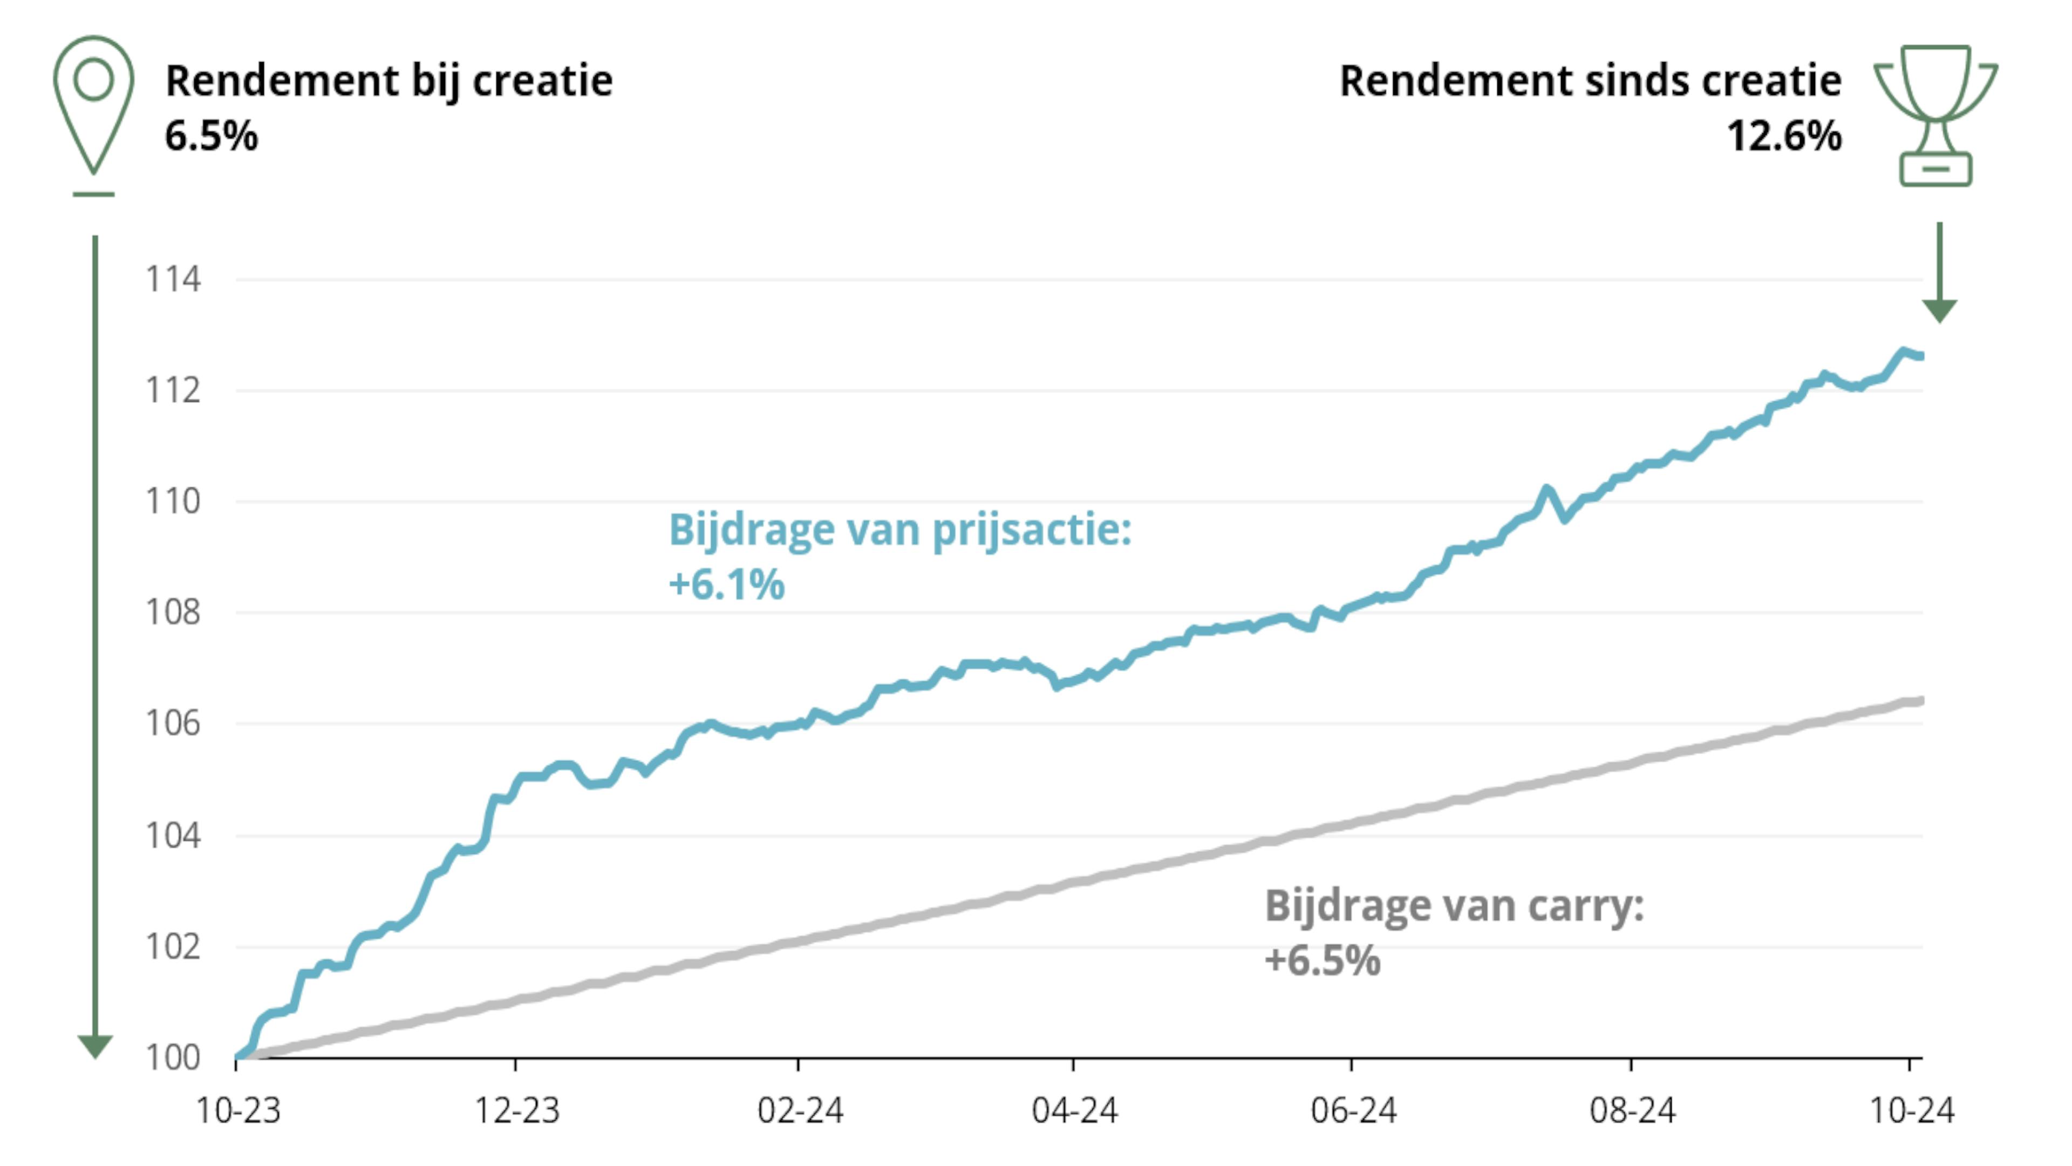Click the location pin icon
93,105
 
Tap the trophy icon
1935,115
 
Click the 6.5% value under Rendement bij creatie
212,135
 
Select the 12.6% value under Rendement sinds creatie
1784,135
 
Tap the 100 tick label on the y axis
173,1057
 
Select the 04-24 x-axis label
1075,1110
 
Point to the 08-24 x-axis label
1632,1110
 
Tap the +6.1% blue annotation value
726,584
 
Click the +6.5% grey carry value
1323,960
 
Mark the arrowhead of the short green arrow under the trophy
1939,310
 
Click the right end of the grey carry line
1920,701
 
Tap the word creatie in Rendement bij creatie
542,80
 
